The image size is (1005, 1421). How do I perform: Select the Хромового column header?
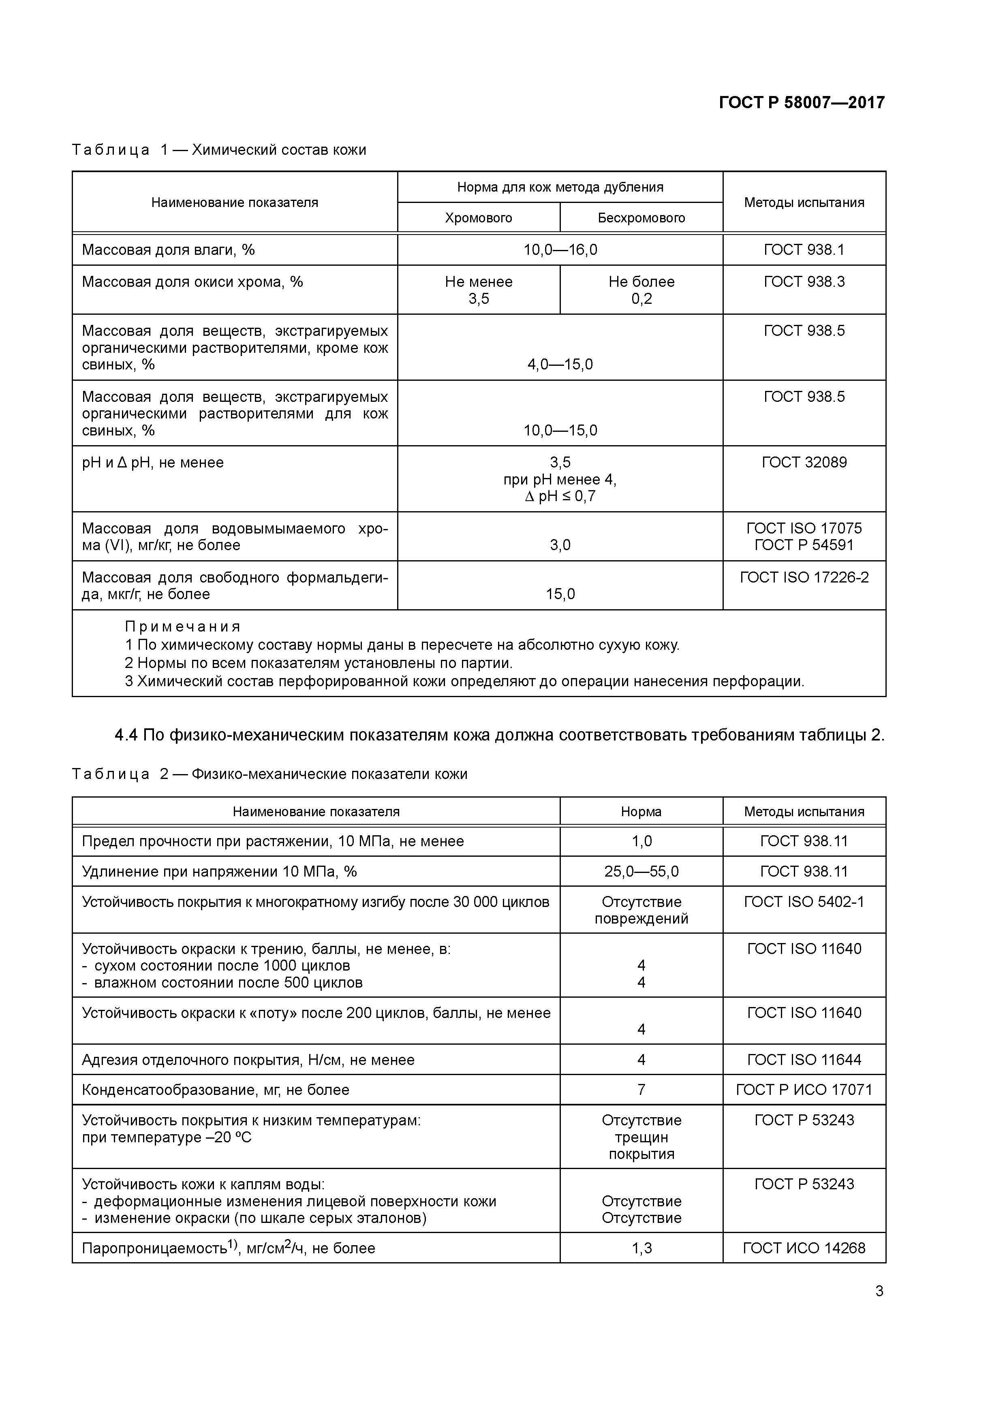[478, 218]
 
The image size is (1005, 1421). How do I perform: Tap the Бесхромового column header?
[641, 218]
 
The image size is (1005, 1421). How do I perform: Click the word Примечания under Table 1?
[183, 627]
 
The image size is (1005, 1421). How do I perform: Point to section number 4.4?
[126, 735]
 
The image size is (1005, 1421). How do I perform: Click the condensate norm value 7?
[641, 1090]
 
